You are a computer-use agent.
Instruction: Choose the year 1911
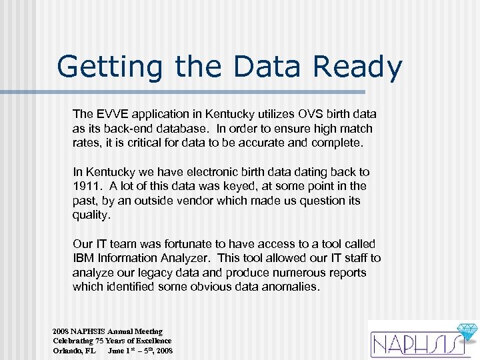[x=85, y=186]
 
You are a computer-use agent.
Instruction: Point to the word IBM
[x=84, y=259]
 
